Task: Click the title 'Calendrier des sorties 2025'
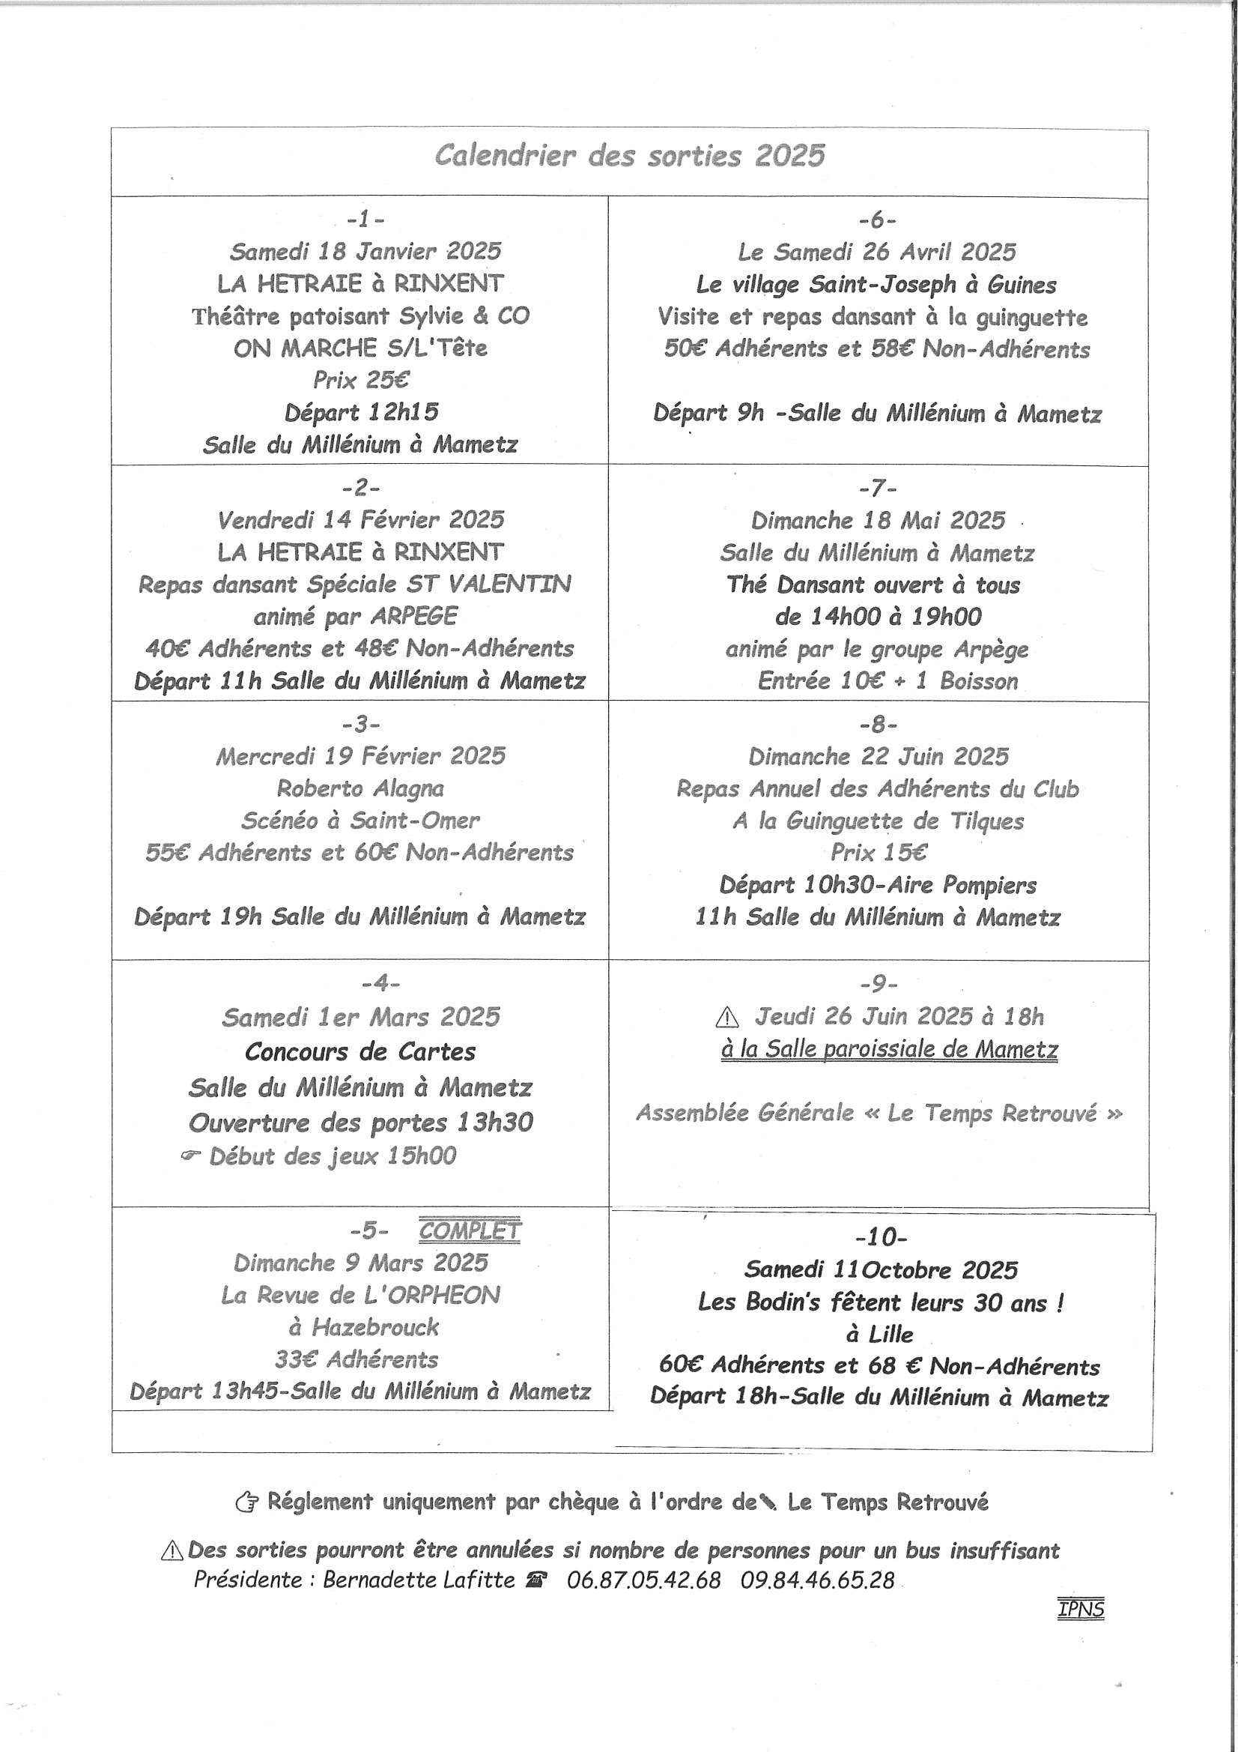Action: (629, 157)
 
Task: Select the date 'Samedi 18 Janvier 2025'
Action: (365, 251)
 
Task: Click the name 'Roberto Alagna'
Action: (360, 788)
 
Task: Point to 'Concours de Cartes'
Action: (360, 1051)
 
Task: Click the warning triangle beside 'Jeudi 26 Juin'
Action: (728, 1017)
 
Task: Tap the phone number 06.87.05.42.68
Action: (643, 1579)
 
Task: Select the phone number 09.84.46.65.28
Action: (817, 1579)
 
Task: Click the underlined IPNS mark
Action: (1081, 1608)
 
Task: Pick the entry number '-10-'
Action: (881, 1236)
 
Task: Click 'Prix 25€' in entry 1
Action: (360, 379)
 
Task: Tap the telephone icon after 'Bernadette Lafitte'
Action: (536, 1580)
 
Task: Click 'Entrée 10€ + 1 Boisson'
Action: (887, 680)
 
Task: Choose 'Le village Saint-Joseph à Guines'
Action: (876, 285)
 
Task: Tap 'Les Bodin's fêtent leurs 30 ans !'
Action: (880, 1302)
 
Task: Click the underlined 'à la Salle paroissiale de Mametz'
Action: (890, 1050)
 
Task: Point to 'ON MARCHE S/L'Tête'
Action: (360, 348)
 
